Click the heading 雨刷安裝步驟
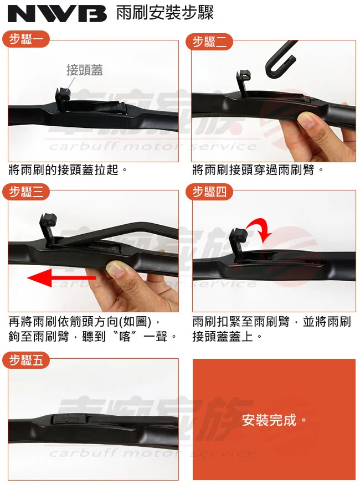pos(164,13)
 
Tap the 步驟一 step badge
pos(25,40)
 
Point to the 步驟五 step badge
pos(25,360)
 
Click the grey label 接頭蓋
pos(84,70)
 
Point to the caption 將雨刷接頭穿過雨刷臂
pos(258,170)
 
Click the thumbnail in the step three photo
pos(116,270)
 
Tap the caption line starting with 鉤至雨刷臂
pos(92,336)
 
